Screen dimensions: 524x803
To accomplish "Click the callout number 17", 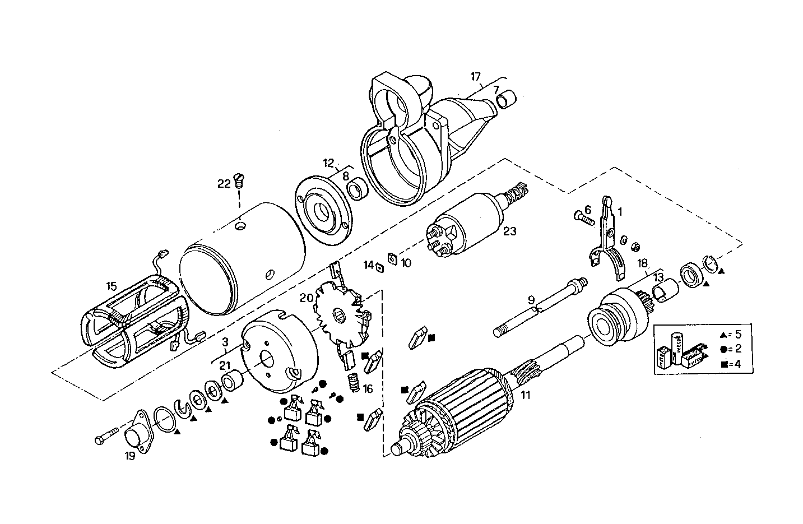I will (x=476, y=76).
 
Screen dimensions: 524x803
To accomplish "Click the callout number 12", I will (x=328, y=163).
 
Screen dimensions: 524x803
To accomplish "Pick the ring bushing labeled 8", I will (x=357, y=190).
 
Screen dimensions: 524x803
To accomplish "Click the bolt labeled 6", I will (x=583, y=218).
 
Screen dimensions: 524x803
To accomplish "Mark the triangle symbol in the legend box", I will (x=723, y=335).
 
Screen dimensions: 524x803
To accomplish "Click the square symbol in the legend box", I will (x=723, y=364).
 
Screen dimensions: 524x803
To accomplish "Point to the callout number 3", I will (x=225, y=341).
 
